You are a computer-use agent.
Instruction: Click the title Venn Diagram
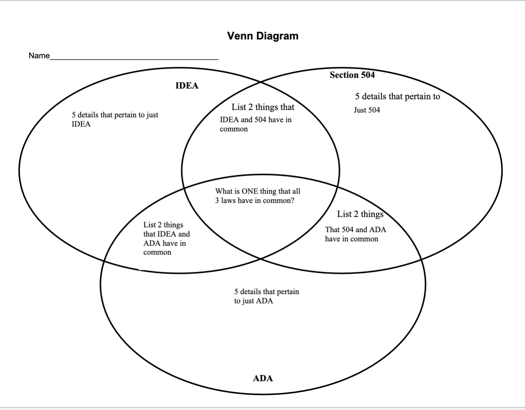click(x=262, y=36)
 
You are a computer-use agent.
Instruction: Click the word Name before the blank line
click(x=39, y=56)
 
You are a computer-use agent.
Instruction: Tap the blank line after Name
click(x=134, y=58)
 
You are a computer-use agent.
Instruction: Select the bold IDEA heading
click(x=187, y=86)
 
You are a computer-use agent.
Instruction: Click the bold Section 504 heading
click(x=352, y=75)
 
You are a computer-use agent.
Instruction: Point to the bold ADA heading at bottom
click(x=263, y=378)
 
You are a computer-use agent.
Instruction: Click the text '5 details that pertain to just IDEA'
click(x=115, y=119)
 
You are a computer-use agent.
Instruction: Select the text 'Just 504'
click(x=366, y=110)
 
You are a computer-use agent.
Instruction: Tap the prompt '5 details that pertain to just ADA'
click(x=266, y=296)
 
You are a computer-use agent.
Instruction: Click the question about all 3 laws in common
click(x=258, y=196)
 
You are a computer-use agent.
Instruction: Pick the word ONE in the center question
click(x=250, y=191)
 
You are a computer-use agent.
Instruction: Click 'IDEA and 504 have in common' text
click(x=255, y=124)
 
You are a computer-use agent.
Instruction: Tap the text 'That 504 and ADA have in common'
click(x=355, y=234)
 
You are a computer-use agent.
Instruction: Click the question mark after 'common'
click(x=292, y=201)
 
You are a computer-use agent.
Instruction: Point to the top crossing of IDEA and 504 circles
click(x=261, y=81)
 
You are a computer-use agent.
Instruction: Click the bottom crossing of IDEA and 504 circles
click(x=261, y=259)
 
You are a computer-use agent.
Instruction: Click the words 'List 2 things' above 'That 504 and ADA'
click(x=360, y=214)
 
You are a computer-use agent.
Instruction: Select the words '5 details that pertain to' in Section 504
click(x=397, y=97)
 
